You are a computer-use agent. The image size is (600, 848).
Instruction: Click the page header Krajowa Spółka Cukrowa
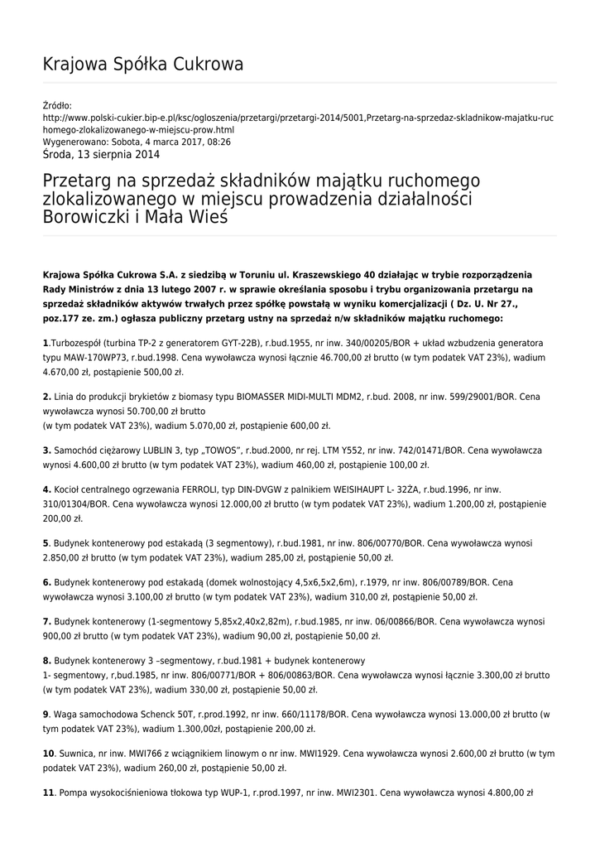coord(142,65)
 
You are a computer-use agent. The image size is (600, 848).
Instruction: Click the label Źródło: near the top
coord(57,105)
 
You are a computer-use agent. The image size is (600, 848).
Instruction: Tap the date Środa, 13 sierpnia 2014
coord(101,154)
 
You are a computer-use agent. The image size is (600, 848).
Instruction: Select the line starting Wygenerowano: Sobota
coord(137,142)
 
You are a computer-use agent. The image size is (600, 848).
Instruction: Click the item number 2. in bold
coord(47,397)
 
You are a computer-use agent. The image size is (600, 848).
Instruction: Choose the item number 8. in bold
coord(47,661)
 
